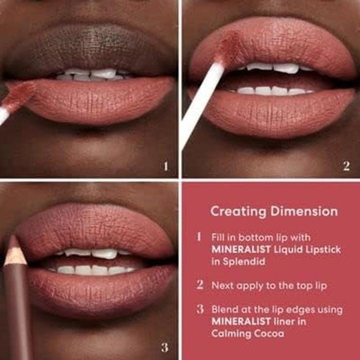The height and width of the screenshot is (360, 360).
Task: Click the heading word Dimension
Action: point(304,211)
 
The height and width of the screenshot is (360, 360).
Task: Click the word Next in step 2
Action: point(223,285)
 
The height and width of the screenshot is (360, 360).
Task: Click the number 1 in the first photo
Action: point(166,166)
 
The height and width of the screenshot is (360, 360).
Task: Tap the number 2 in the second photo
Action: point(346,166)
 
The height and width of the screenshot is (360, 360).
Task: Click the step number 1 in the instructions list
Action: point(200,236)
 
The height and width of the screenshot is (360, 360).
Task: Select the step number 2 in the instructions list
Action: point(200,285)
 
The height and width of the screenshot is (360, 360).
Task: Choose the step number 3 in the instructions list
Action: point(200,309)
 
